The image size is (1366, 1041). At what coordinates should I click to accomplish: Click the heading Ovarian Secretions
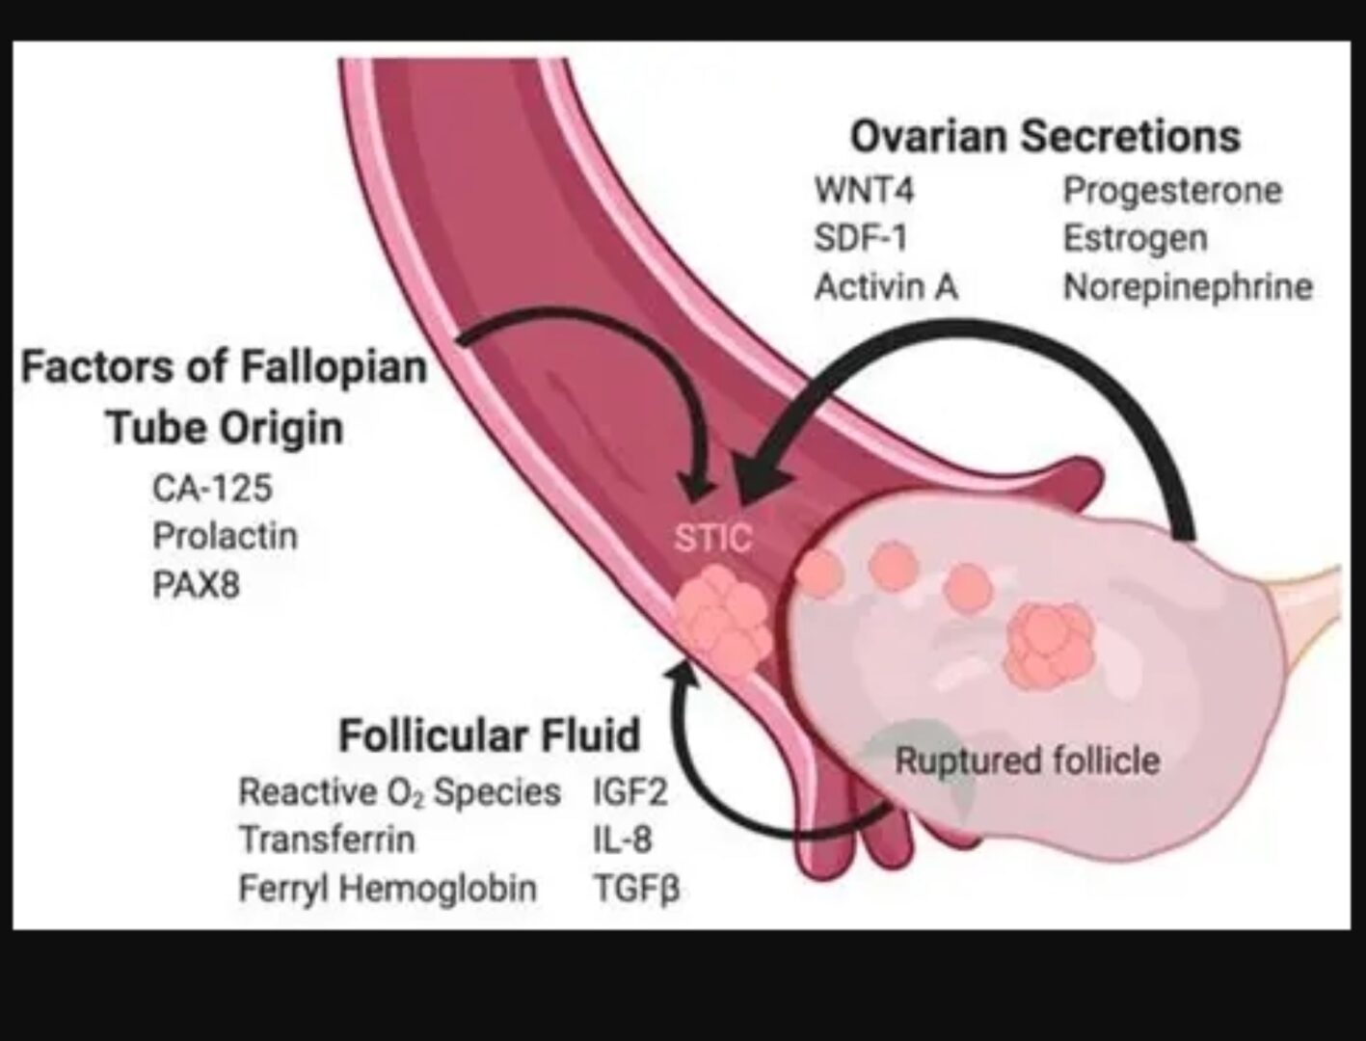tap(1045, 137)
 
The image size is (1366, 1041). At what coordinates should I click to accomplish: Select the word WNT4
tap(864, 191)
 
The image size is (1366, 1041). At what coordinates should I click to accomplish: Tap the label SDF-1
tap(860, 238)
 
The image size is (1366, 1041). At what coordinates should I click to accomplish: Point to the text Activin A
tap(886, 286)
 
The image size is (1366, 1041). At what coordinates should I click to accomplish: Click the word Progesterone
tap(1172, 191)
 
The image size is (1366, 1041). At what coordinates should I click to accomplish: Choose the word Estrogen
tap(1135, 238)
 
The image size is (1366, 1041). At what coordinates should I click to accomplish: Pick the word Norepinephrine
tap(1188, 286)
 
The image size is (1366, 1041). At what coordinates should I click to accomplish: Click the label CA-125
tap(212, 488)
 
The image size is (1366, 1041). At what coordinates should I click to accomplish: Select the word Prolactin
tap(225, 536)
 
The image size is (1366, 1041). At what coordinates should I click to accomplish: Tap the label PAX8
tap(196, 584)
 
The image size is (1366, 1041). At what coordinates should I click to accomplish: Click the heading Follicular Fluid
tap(490, 735)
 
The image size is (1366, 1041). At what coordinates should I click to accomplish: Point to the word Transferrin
tap(327, 840)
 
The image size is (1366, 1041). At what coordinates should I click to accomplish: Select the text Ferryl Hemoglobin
tap(388, 888)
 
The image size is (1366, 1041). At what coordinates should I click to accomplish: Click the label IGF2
tap(629, 792)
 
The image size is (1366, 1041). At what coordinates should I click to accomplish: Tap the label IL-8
tap(622, 840)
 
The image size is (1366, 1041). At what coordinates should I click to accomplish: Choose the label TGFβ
tap(636, 888)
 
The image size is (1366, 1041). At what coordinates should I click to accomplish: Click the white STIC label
tap(712, 538)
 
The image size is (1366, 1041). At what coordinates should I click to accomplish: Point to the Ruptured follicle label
tap(1027, 761)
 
